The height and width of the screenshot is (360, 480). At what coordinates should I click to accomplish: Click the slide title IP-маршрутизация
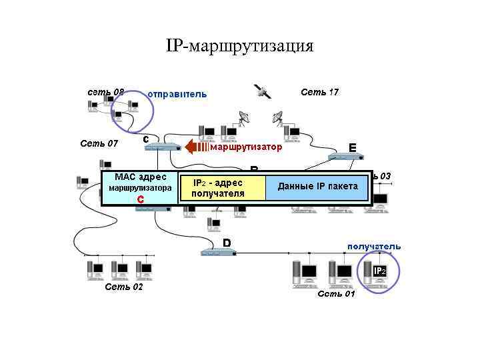(239, 46)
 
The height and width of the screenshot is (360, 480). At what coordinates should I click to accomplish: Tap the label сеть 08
(106, 91)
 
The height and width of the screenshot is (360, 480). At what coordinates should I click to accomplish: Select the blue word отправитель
(177, 94)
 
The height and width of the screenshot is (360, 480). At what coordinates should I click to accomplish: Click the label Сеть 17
(319, 92)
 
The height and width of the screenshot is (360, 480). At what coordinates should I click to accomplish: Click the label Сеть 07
(99, 143)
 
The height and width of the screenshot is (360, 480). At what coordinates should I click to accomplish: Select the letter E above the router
(352, 147)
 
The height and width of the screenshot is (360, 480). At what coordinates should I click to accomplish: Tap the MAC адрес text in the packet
(140, 177)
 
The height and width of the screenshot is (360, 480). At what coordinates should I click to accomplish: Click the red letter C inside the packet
(140, 199)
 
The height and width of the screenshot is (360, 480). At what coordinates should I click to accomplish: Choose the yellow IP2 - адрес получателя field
(221, 188)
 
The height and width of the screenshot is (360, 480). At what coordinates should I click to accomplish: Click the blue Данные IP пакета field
(317, 186)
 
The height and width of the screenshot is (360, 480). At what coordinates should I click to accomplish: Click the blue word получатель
(373, 246)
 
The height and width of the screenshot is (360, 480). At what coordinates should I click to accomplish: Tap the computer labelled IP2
(377, 273)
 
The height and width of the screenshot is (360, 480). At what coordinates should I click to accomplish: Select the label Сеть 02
(124, 287)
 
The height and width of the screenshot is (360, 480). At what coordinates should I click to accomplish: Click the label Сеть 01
(337, 293)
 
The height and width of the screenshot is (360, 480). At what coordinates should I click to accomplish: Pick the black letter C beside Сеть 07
(145, 138)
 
